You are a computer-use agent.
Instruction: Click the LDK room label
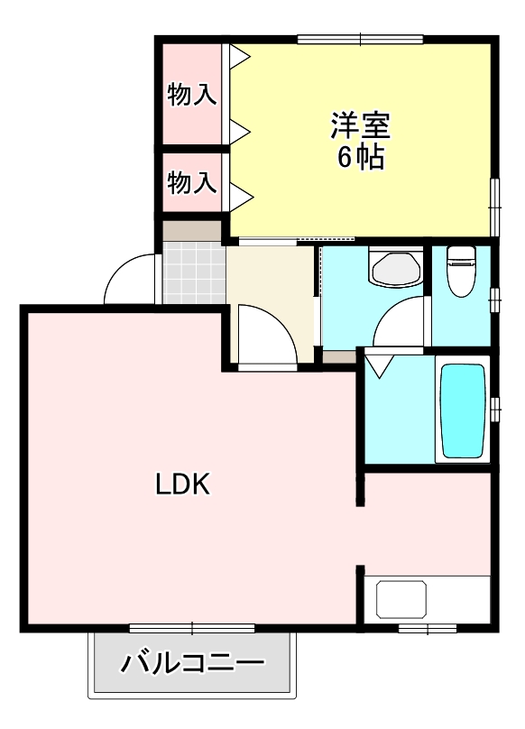[x=183, y=484]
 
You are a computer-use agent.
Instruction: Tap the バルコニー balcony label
[x=193, y=666]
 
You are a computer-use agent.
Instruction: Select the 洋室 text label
[x=361, y=123]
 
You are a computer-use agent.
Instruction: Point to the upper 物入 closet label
[x=192, y=94]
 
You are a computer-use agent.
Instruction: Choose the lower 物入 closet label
[x=192, y=183]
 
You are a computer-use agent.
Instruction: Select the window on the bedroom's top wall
[x=360, y=39]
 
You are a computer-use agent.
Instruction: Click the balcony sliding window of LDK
[x=191, y=627]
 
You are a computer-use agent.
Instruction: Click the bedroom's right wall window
[x=494, y=206]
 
